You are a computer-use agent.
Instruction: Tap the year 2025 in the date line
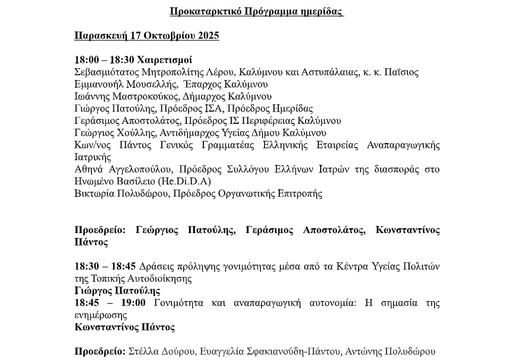207,36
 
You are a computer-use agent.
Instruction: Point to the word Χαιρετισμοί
164,60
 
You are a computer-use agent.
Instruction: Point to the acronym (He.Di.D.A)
184,181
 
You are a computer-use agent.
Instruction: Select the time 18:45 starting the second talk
87,303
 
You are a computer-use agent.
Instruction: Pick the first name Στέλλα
144,352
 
